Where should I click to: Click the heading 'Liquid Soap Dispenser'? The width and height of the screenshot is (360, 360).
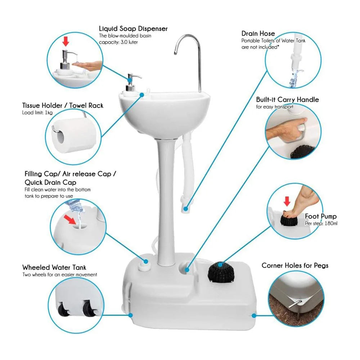[x=133, y=28]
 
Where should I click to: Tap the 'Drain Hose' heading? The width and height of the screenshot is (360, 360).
[x=258, y=33]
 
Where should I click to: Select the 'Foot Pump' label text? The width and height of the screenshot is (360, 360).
[x=321, y=216]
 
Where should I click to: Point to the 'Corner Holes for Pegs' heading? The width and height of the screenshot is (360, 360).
[x=295, y=265]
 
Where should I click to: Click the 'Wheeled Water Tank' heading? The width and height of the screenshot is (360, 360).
[x=54, y=267]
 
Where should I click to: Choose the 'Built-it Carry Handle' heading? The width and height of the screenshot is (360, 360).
[x=287, y=100]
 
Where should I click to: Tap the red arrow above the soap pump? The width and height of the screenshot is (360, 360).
[x=65, y=42]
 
